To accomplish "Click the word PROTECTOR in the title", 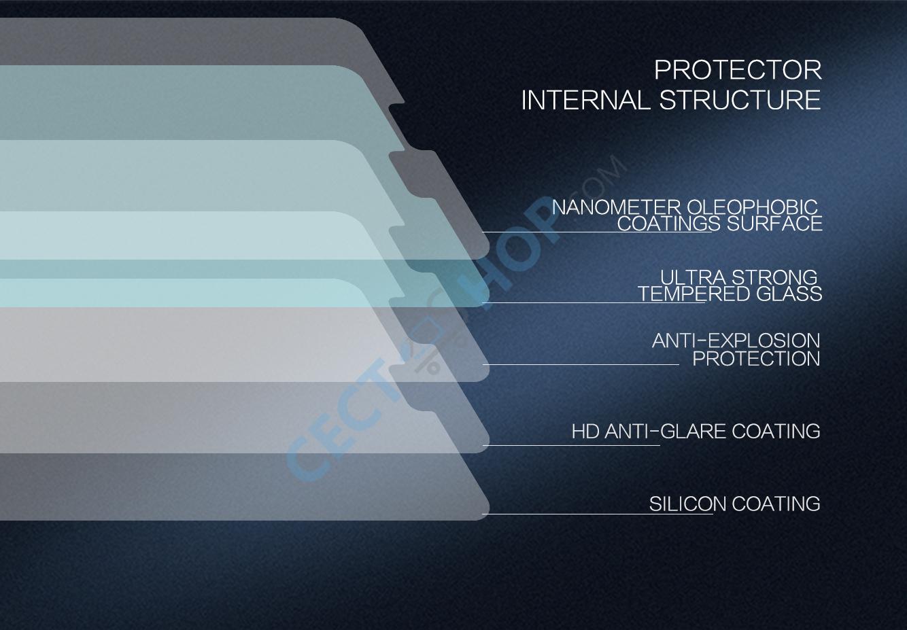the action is click(738, 70).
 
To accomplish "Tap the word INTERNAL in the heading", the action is click(585, 100).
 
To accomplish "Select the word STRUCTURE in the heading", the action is click(740, 100).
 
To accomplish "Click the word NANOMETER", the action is click(616, 207).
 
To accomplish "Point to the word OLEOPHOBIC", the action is click(753, 207).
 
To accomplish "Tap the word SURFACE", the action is click(774, 224).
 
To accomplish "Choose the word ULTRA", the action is click(694, 277).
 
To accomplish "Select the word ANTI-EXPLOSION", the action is click(736, 340).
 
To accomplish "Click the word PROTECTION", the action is click(756, 359).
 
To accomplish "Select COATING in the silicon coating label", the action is click(776, 504).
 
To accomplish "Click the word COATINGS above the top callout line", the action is click(669, 224).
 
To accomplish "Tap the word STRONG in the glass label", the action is click(774, 277).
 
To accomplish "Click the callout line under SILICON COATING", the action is click(597, 514).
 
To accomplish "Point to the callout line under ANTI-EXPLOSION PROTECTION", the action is click(581, 364).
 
